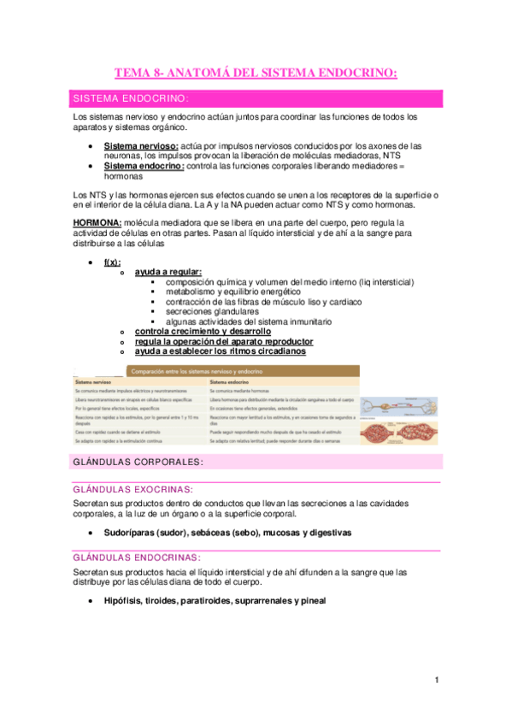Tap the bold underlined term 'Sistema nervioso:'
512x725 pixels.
click(x=141, y=146)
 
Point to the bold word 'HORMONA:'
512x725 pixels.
click(x=90, y=221)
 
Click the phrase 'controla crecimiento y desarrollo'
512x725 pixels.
click(x=203, y=332)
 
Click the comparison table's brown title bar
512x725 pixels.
click(x=243, y=371)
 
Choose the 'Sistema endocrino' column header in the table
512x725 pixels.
click(x=231, y=380)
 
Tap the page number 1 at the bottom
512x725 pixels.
click(x=437, y=681)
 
